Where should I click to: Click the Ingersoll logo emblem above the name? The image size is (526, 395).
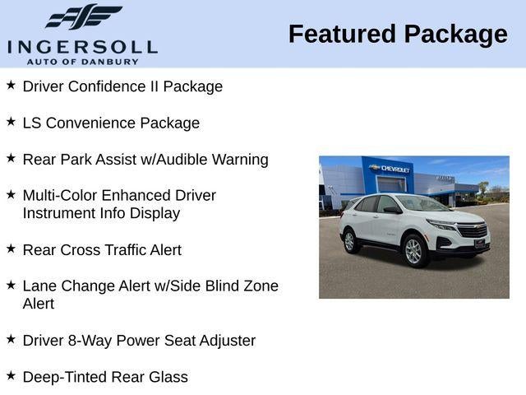(x=83, y=17)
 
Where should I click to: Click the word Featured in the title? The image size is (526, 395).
(x=340, y=35)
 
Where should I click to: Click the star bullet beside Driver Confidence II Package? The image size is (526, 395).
(x=11, y=86)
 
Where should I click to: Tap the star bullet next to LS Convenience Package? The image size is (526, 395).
(x=11, y=122)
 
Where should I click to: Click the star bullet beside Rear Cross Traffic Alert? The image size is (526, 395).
(x=11, y=249)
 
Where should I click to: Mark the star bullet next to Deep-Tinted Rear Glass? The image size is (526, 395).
(x=11, y=375)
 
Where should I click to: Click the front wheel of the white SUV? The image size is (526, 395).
(x=413, y=251)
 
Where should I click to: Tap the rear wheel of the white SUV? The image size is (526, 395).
(x=349, y=241)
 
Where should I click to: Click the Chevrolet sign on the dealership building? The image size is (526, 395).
(x=391, y=169)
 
